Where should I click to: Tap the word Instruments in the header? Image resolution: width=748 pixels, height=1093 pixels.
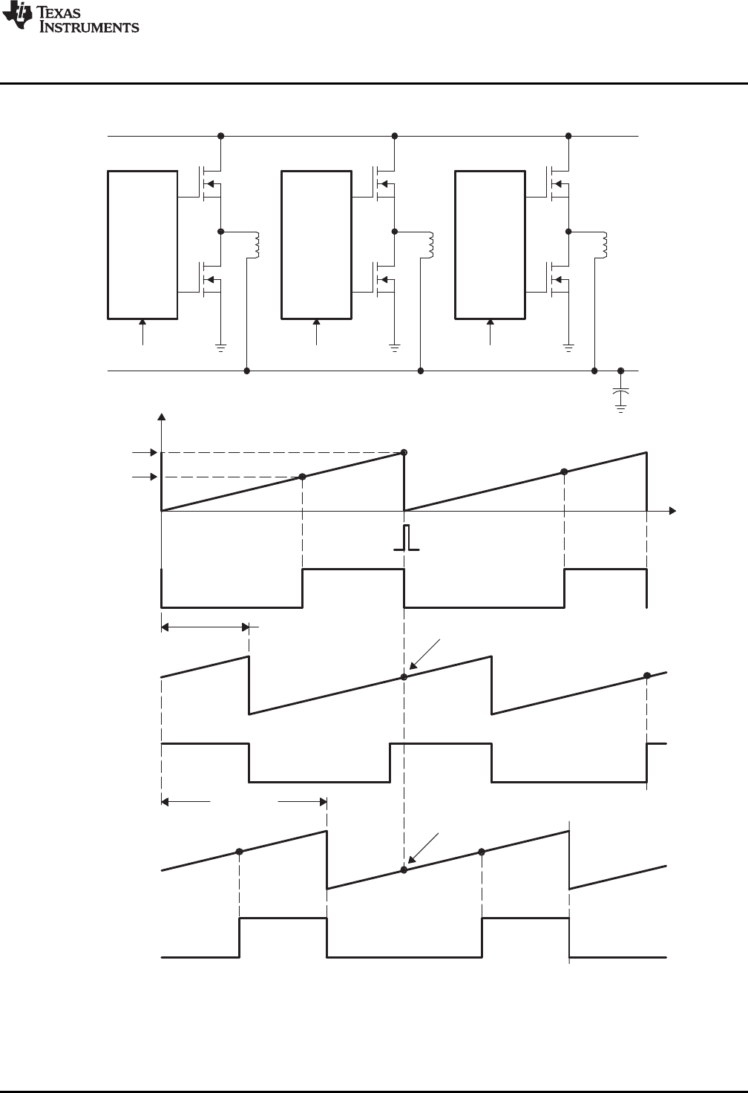coord(90,27)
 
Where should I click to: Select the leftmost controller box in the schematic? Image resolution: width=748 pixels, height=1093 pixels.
coord(142,245)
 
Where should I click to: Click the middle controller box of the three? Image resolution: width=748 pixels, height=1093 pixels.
coord(316,245)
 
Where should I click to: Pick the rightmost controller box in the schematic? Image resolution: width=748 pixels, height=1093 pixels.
coord(490,245)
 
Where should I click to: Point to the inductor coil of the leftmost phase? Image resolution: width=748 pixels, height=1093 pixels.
coord(257,246)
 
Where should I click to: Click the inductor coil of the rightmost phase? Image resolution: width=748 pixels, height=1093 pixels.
coord(605,246)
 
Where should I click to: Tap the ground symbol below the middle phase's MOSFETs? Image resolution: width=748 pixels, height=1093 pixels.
coord(395,346)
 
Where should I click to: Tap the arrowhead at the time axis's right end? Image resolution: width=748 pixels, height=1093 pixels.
coord(672,511)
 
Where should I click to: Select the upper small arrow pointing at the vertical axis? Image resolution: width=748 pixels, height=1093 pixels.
coord(143,452)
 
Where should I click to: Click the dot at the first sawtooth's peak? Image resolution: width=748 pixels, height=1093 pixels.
coord(404,452)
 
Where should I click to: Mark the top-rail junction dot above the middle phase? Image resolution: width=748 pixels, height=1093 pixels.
coord(395,137)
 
